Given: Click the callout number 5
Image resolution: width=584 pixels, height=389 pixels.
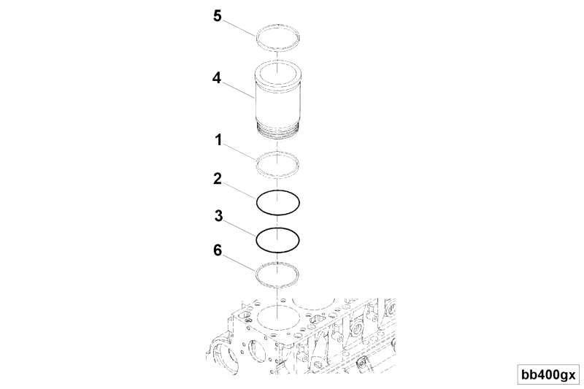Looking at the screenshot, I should click(218, 15).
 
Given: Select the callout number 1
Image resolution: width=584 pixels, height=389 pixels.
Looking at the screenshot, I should click(218, 140).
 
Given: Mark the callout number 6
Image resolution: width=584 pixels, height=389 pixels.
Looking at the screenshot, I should click(218, 250).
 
